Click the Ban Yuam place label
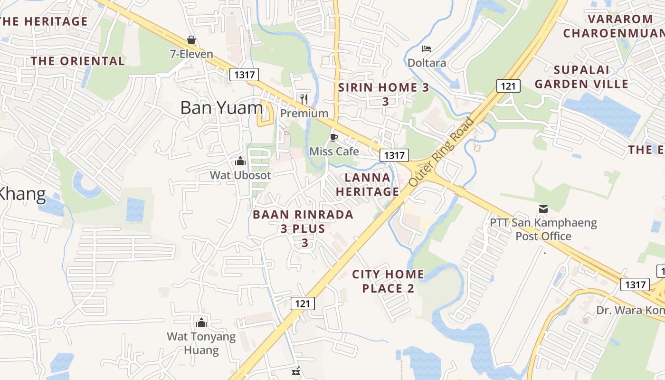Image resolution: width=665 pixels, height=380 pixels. pos(221,108)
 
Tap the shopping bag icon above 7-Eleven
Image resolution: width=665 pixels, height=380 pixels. pos(191,39)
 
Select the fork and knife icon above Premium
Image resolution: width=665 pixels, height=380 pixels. pos(304,99)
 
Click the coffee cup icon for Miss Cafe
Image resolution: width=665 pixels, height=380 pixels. pos(334,137)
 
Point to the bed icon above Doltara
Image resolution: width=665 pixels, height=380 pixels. pos(427,49)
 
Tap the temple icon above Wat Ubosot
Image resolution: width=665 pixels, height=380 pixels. pos(240,161)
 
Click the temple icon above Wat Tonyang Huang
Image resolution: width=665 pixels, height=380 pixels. pos(201,323)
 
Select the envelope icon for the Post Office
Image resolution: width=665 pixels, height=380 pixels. pos(543,209)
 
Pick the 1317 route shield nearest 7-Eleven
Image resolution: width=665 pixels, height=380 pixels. pos(244,75)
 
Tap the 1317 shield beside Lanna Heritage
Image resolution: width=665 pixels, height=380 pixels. pos(394,155)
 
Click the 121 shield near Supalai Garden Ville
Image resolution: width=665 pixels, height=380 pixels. pos(508,86)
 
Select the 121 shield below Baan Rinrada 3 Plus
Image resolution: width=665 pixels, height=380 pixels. pos(303,303)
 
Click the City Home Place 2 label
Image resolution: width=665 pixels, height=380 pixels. pos(388,281)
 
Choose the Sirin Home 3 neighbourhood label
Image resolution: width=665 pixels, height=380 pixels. pos(384,94)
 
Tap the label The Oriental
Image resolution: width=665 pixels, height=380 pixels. pos(78,61)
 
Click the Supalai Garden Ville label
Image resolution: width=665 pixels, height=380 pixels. pos(581,77)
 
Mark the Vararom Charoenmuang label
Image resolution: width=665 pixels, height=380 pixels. pos(614,26)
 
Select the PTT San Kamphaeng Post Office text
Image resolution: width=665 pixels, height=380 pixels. pos(543,229)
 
